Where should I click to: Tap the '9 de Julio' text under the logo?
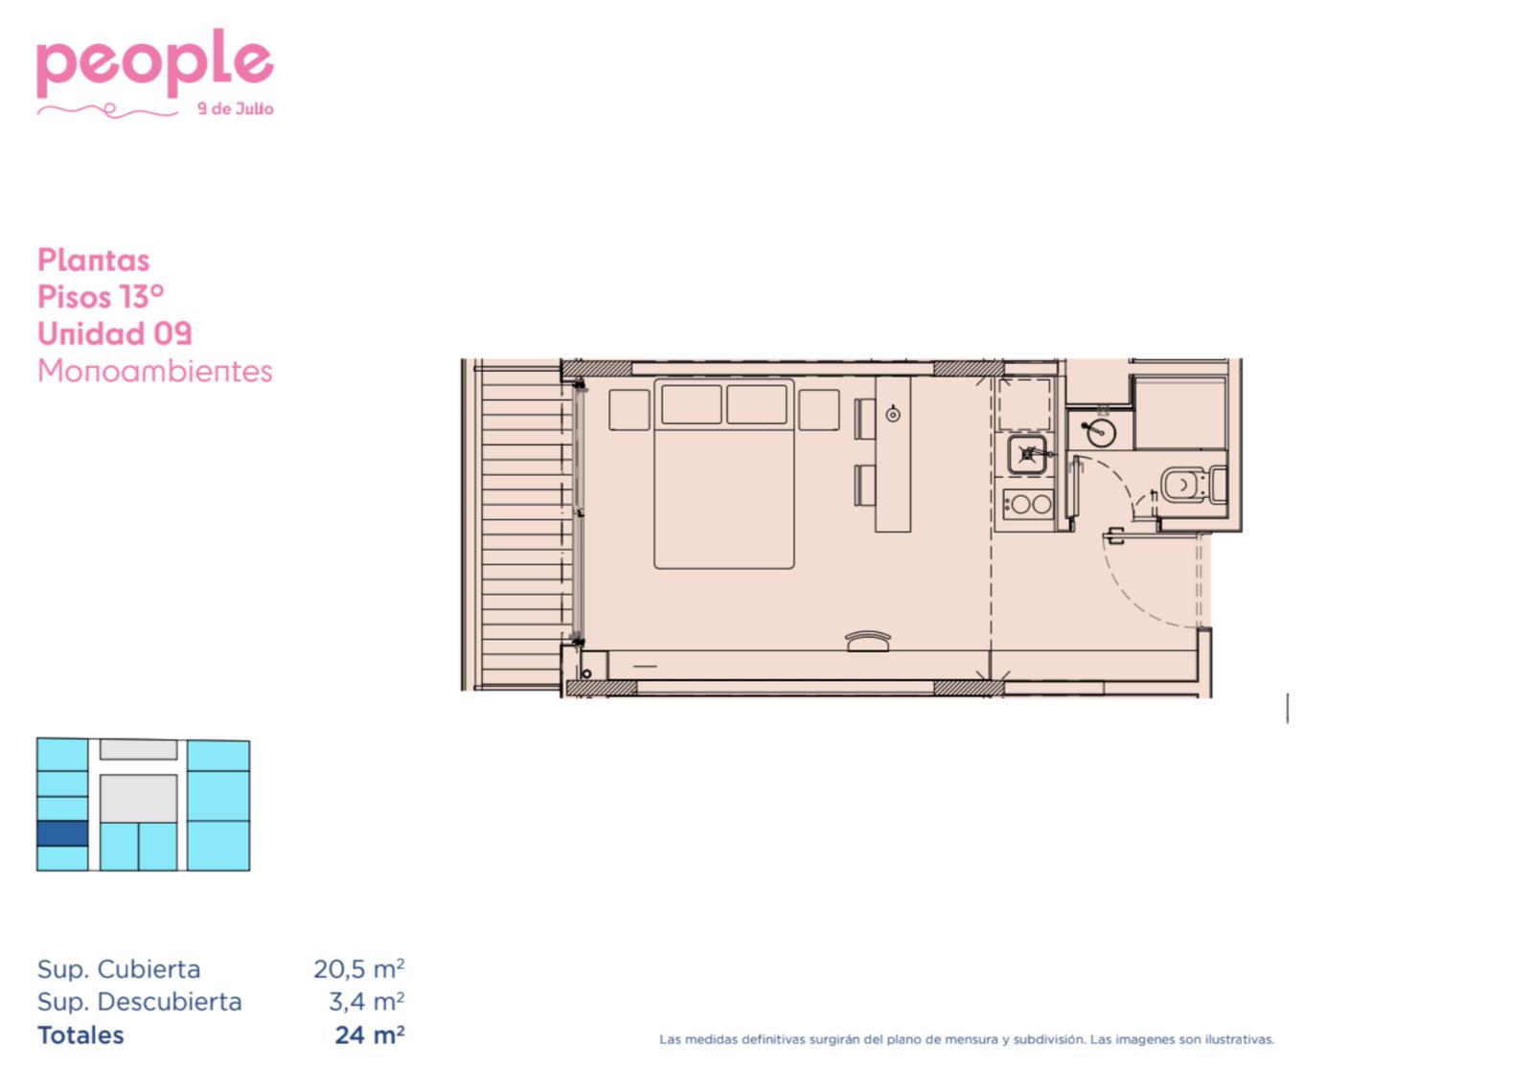point(236,109)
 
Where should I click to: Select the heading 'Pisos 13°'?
point(101,297)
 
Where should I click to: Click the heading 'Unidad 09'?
point(114,334)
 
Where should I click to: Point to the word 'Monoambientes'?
point(154,371)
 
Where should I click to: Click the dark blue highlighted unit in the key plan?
point(62,833)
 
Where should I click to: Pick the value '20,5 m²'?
point(358,968)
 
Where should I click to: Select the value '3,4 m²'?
point(366,1002)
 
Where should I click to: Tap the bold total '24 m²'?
point(370,1035)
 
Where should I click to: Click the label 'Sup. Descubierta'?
point(140,1002)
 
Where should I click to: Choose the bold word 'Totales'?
point(80,1035)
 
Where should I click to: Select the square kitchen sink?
point(1026,455)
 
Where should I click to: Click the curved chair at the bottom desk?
point(868,641)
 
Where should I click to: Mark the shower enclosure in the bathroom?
point(1179,413)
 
